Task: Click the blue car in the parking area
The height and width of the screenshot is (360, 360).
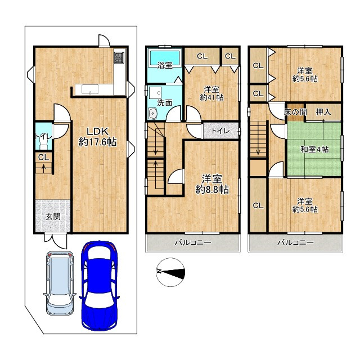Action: point(99,286)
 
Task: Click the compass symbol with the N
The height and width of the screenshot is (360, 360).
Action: point(170,272)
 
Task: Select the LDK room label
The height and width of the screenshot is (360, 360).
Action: point(97,132)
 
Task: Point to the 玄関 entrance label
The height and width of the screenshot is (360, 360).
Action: point(53,217)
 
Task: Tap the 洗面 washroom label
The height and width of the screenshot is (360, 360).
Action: point(165,102)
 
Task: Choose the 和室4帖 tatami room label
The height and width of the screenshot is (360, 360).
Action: point(314,150)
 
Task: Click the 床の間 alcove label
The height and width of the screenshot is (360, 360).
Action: point(295,112)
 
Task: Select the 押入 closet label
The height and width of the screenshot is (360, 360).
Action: point(323,112)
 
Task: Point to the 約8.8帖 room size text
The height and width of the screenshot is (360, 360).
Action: point(212,190)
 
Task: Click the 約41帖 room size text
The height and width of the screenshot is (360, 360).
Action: point(211,97)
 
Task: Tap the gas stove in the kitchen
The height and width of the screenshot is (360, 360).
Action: point(119,57)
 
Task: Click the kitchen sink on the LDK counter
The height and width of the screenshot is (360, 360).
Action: point(90,89)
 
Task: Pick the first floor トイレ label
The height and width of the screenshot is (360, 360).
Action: point(43,136)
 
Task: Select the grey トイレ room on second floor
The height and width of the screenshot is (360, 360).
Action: point(220,131)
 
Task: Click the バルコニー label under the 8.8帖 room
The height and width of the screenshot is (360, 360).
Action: point(193,242)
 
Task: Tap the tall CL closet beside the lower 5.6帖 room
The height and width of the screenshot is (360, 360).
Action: point(258,205)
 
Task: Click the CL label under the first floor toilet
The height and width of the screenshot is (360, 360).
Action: point(44,157)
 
